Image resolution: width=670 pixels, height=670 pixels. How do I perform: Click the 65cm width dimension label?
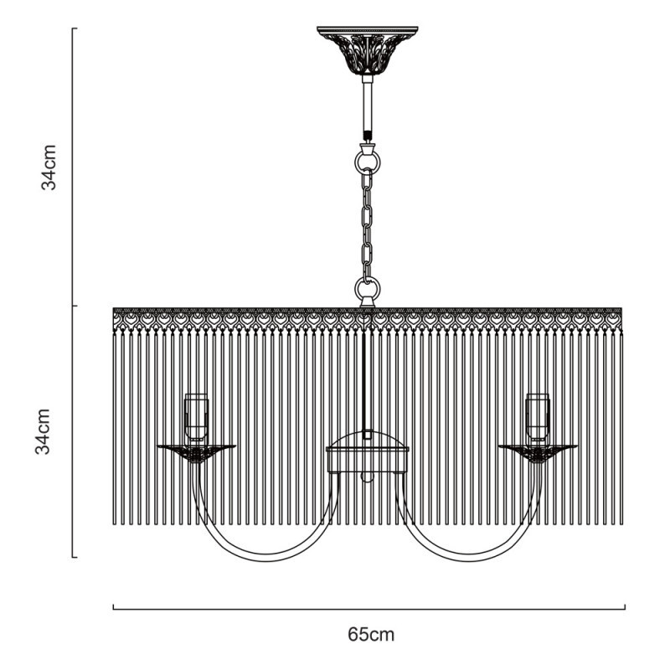point(371,634)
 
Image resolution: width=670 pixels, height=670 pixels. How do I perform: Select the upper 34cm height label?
point(50,167)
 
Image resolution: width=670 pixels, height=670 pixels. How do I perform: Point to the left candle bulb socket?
point(196,416)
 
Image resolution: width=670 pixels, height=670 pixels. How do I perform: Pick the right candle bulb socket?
point(537,416)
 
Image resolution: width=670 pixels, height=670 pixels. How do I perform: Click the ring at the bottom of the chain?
point(367,290)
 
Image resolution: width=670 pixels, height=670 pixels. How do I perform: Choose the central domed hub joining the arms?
point(367,445)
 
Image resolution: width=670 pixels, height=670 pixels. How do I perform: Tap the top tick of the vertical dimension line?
point(74,28)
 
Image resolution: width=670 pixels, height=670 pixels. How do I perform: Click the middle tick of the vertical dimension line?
point(74,306)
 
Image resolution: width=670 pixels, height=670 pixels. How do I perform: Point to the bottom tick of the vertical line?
point(74,556)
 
